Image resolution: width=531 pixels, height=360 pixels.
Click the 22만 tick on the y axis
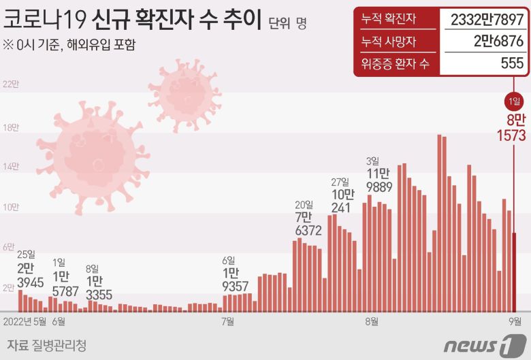[11, 84]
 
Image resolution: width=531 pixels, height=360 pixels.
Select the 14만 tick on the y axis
[11, 166]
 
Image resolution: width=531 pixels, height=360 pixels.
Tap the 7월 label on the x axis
[227, 321]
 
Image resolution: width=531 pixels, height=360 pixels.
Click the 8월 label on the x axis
[372, 321]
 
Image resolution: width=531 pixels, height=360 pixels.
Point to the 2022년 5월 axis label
[26, 321]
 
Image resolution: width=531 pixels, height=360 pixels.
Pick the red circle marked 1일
[514, 102]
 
